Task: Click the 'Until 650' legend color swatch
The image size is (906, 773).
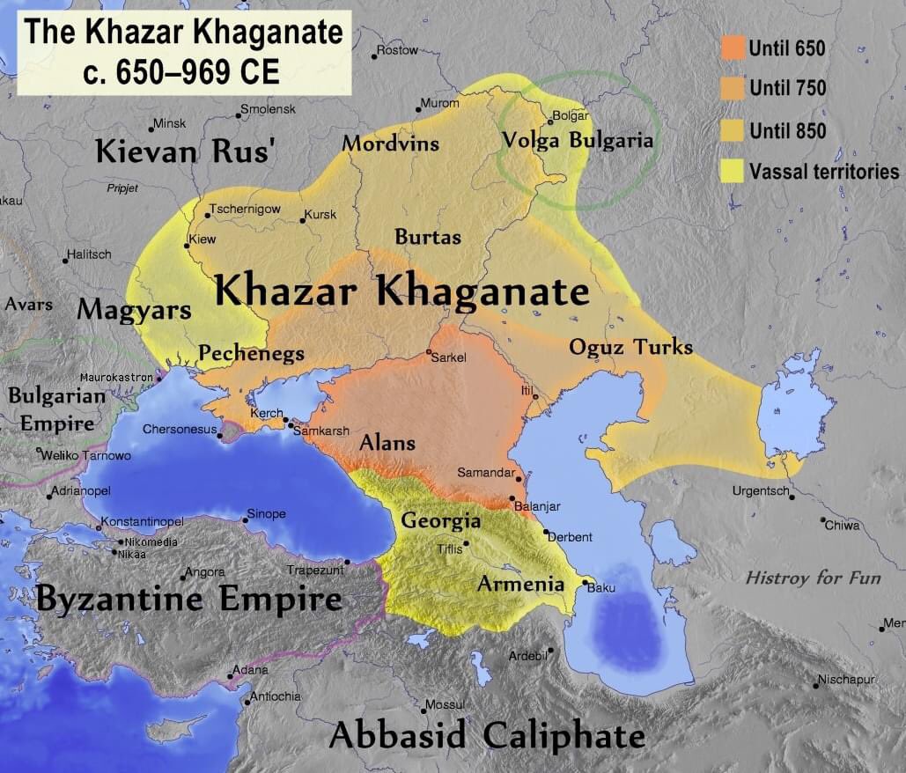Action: coord(733,48)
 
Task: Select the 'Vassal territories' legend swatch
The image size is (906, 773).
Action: coord(733,171)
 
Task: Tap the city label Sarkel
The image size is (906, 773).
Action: coord(449,357)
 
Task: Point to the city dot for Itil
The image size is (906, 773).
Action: coord(534,397)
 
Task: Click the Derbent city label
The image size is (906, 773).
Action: coord(571,537)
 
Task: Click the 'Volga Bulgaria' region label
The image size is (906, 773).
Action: coord(577,140)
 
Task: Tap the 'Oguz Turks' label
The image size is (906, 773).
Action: coord(630,347)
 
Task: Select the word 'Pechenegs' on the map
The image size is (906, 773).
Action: coord(251,354)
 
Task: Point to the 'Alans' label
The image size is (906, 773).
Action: coord(387,443)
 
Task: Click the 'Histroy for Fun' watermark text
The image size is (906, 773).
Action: coord(813,578)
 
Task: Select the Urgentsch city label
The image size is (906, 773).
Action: coord(761,491)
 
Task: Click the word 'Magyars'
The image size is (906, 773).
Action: coord(134,310)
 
